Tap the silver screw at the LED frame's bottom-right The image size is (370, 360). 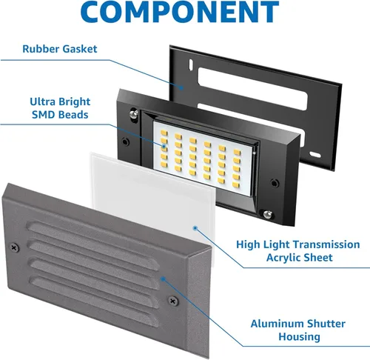[275, 181]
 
